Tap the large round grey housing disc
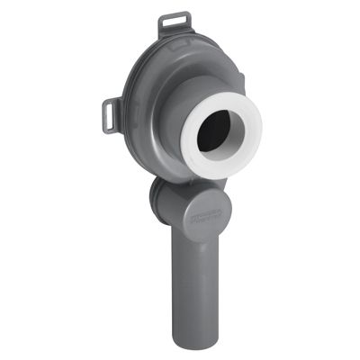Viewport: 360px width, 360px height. click(x=144, y=144)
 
